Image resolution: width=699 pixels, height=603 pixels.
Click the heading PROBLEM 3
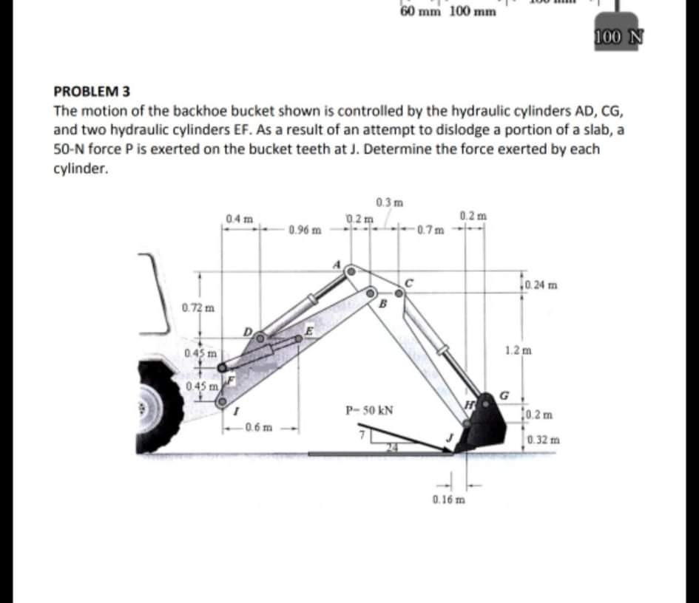[x=92, y=92]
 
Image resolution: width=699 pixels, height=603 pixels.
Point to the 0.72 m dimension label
[x=195, y=307]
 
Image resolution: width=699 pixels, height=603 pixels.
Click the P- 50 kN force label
[x=370, y=409]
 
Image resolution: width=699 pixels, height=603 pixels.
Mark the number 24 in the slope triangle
[x=395, y=447]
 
